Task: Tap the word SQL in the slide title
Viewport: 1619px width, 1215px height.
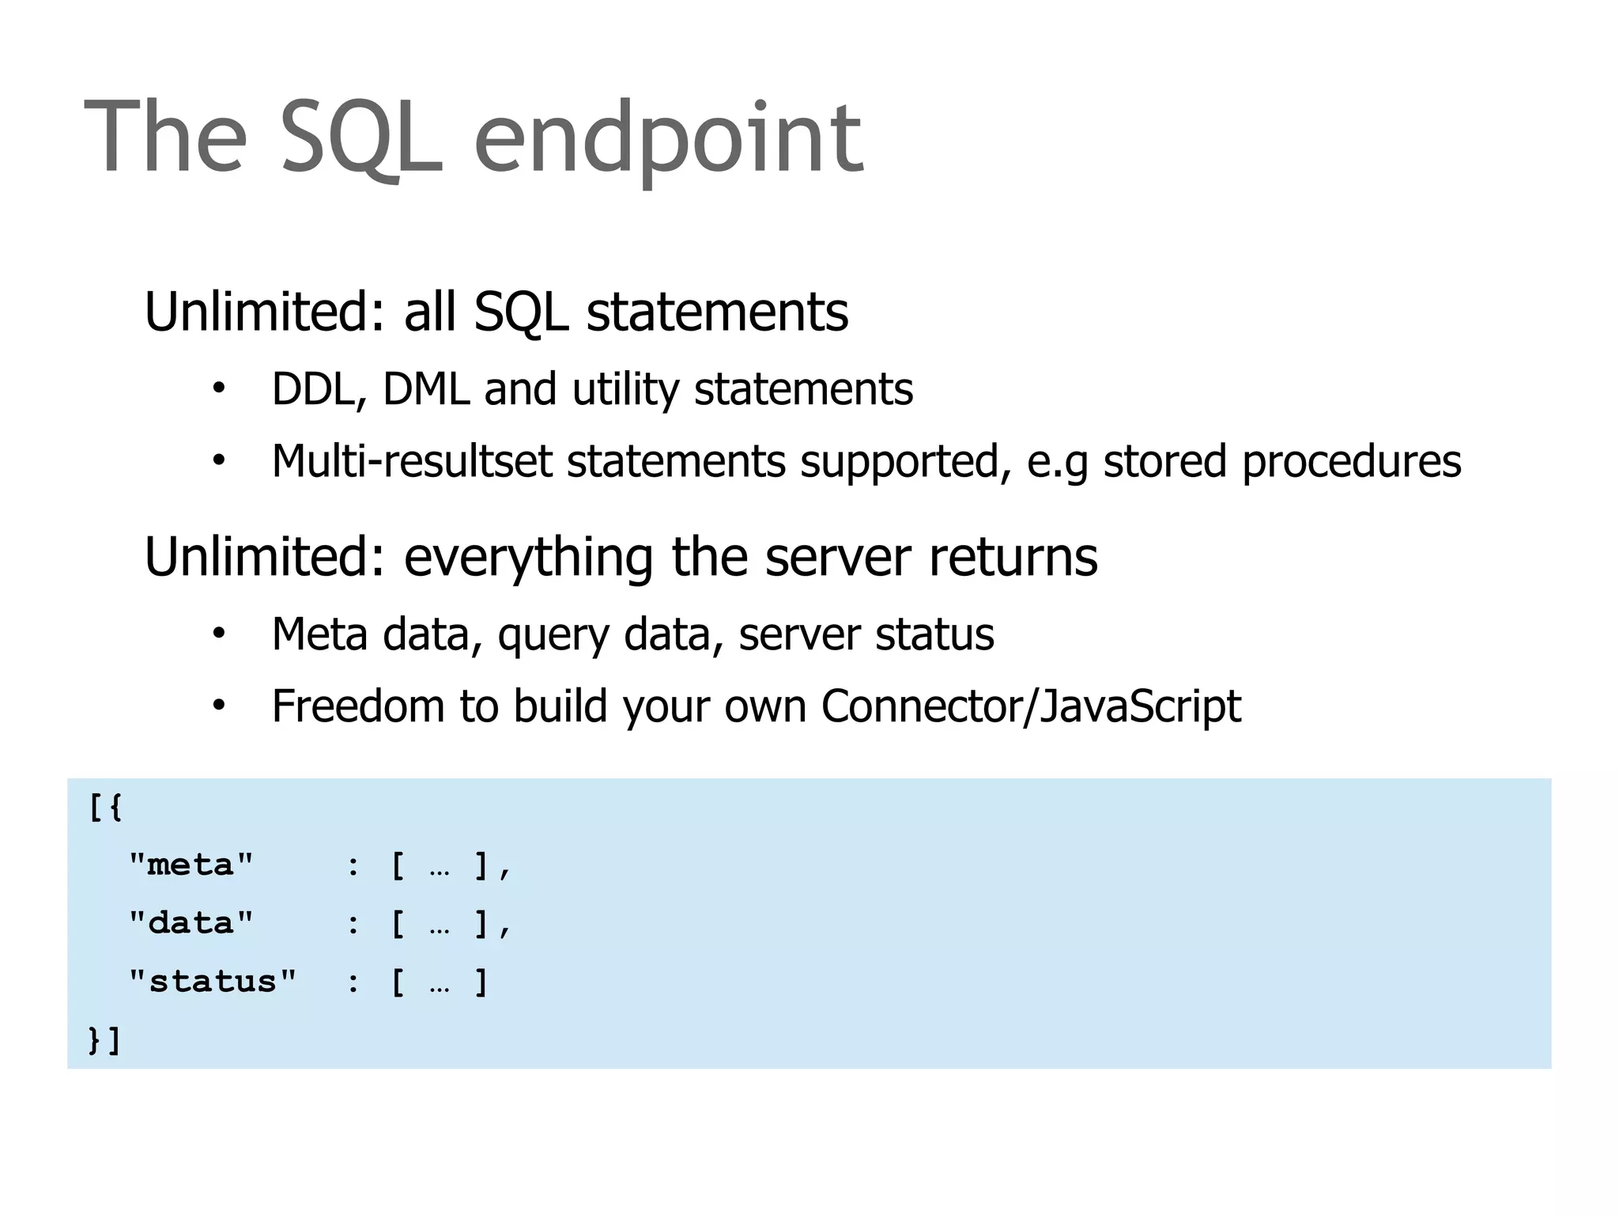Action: click(x=361, y=139)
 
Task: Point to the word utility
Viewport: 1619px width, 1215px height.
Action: click(x=625, y=391)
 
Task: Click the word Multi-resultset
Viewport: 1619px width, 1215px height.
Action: click(x=411, y=461)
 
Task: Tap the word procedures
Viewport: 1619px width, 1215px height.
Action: click(x=1351, y=463)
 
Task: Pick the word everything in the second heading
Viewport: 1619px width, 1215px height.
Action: click(x=528, y=558)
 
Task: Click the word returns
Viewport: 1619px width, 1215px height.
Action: click(x=1013, y=558)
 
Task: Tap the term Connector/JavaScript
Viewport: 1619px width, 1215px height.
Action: click(x=1031, y=707)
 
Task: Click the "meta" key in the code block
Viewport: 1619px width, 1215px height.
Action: click(x=191, y=865)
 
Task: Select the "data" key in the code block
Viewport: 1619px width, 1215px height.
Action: click(x=191, y=923)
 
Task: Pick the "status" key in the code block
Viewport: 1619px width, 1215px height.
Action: click(x=212, y=982)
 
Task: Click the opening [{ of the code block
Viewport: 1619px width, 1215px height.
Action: click(x=105, y=808)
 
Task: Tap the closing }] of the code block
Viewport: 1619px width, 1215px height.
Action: click(x=104, y=1040)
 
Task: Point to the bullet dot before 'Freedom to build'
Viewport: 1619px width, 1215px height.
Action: click(x=219, y=705)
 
